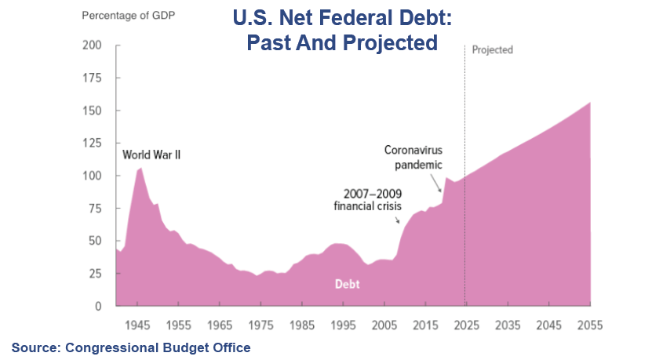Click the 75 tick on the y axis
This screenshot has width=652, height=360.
click(x=94, y=208)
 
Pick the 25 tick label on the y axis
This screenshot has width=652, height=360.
click(x=94, y=273)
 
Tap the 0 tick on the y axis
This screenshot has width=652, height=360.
click(x=97, y=306)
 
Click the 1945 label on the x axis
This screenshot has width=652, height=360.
click(x=138, y=323)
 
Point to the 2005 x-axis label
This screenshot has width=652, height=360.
click(x=384, y=323)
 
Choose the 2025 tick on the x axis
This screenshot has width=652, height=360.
click(x=465, y=323)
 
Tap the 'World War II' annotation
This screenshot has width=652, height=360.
click(x=151, y=155)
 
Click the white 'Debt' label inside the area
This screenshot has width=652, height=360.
click(x=348, y=284)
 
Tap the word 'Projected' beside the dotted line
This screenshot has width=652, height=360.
click(x=492, y=49)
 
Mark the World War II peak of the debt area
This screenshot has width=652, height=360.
click(x=140, y=169)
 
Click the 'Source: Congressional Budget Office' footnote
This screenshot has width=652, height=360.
click(x=130, y=347)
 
